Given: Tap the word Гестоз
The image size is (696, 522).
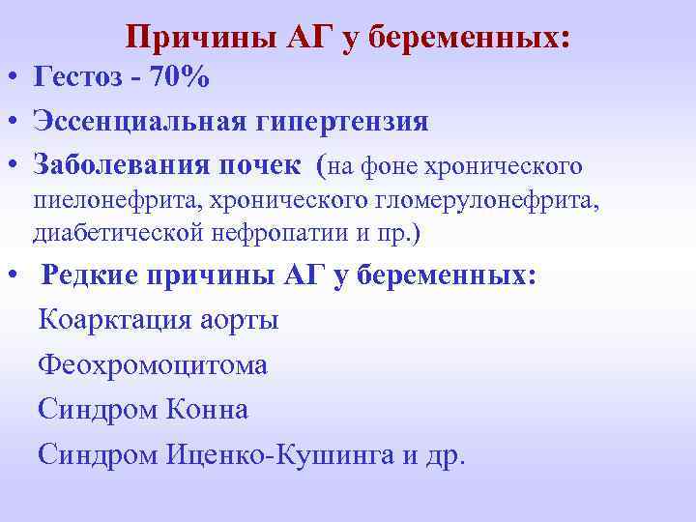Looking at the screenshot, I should (x=78, y=78).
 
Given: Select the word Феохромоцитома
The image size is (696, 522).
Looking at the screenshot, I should (x=153, y=366).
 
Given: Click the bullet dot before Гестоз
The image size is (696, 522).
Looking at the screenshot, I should (x=15, y=78).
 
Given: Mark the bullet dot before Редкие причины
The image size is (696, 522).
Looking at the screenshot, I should (x=15, y=275).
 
